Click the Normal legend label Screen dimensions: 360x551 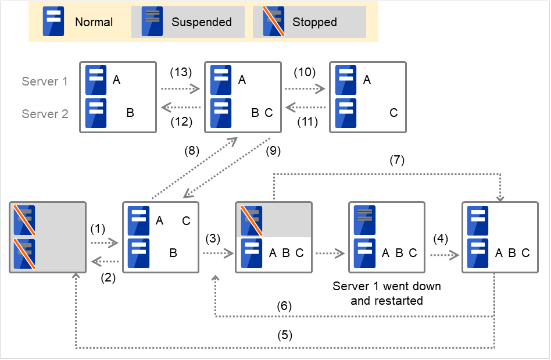coord(94,22)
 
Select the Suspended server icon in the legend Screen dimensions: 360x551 coord(153,22)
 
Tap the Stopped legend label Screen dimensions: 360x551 coord(314,22)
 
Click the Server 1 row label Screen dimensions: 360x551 coord(45,81)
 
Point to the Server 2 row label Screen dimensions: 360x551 coord(45,114)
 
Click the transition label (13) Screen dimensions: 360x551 coord(180,73)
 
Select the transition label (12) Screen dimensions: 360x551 coord(180,122)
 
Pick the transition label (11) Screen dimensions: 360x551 coord(306,122)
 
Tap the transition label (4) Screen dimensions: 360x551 coord(443,238)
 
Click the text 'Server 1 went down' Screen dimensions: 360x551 coord(387,286)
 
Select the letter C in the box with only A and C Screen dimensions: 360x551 coord(393,113)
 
